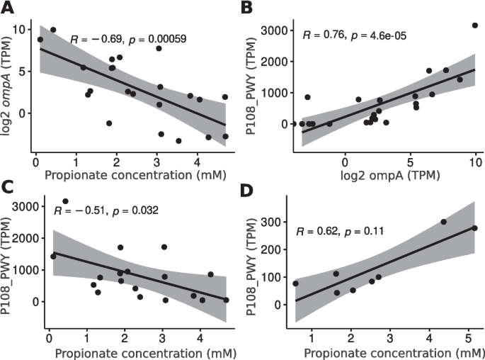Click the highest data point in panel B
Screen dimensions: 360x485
pyautogui.click(x=475, y=26)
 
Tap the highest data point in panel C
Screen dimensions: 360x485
pyautogui.click(x=66, y=201)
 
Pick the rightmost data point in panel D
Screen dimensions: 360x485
pyautogui.click(x=474, y=228)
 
